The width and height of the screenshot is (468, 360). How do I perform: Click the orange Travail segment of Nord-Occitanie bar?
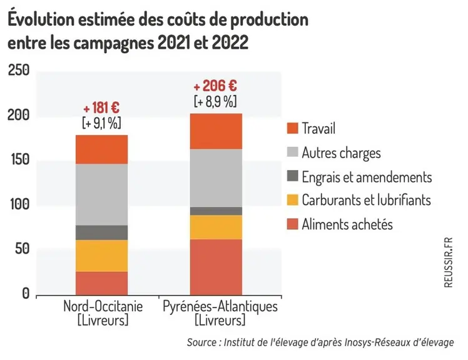101,149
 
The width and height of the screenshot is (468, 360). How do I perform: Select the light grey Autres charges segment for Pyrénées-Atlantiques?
216,178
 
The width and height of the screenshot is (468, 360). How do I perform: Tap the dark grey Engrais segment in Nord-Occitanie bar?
101,232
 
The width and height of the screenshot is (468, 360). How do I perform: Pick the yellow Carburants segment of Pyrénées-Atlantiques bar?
216,227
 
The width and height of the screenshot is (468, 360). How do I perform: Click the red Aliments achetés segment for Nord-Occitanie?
101,283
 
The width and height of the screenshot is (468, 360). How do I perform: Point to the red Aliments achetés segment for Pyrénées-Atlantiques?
216,267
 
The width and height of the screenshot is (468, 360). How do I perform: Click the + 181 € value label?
101,108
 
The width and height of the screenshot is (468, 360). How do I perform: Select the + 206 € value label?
215,86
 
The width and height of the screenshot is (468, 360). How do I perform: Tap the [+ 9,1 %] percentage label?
101,123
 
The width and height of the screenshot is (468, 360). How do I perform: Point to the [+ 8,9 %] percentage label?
215,101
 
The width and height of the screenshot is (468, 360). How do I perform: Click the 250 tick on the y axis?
19,71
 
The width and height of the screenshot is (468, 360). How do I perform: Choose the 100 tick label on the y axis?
19,204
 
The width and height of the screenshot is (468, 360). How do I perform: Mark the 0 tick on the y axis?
26,294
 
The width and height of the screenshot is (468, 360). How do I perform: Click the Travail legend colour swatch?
293,128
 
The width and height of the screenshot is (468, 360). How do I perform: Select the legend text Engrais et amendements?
367,177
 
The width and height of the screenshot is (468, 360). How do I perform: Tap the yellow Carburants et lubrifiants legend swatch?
293,200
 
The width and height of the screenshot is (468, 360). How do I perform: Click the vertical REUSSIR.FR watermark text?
449,262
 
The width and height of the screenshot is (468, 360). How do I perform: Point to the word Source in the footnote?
201,342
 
